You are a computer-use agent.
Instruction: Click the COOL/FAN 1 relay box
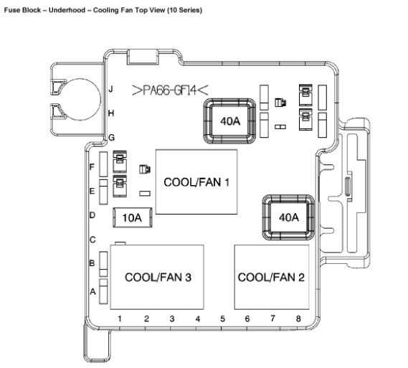(x=196, y=181)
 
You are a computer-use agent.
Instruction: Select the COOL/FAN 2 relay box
(x=272, y=277)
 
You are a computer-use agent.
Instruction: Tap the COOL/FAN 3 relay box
(x=157, y=277)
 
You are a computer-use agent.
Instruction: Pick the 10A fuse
(x=133, y=217)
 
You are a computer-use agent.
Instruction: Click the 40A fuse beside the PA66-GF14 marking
(x=229, y=121)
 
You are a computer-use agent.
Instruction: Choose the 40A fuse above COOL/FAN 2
(x=288, y=217)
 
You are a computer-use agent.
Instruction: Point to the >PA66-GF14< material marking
(x=170, y=90)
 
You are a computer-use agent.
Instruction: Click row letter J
(x=111, y=89)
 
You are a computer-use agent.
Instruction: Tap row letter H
(x=111, y=113)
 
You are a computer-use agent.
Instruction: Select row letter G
(x=111, y=138)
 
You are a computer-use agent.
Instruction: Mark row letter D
(x=92, y=215)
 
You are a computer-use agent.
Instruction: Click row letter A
(x=92, y=292)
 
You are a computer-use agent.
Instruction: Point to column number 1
(x=120, y=319)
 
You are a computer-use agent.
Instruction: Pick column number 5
(x=222, y=319)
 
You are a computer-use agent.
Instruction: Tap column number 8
(x=298, y=319)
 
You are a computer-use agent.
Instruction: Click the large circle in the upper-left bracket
(x=100, y=99)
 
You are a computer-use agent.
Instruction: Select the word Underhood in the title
(x=67, y=10)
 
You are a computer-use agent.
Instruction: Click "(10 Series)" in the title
(x=185, y=11)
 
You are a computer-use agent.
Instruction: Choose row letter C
(x=92, y=240)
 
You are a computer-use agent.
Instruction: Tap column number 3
(x=172, y=319)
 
